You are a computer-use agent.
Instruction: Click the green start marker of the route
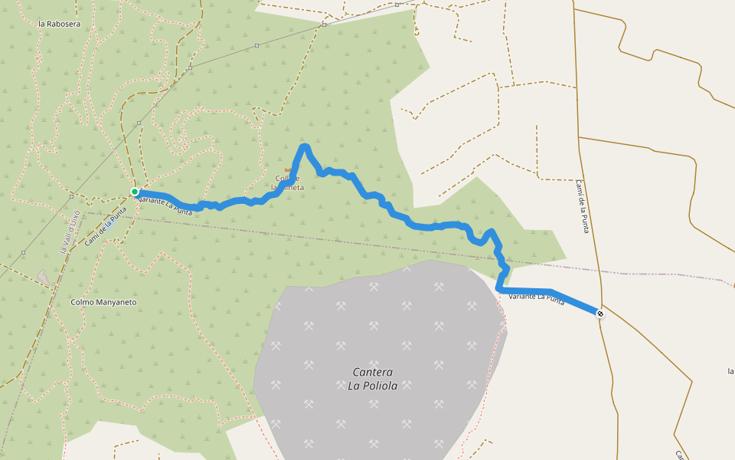click(135, 192)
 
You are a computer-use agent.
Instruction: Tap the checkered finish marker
click(600, 313)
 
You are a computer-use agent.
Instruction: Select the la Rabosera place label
click(59, 24)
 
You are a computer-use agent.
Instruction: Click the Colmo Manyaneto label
click(103, 302)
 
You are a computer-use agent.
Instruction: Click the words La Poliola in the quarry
click(367, 386)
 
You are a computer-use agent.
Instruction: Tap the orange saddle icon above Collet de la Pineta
click(288, 169)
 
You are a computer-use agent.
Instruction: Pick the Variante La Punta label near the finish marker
click(536, 299)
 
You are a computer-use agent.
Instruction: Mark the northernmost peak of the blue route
click(305, 146)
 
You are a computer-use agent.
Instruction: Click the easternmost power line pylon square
click(324, 25)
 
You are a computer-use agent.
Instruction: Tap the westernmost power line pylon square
click(24, 252)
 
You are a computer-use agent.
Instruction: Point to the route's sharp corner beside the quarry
click(499, 289)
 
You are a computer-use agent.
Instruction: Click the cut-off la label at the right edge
click(730, 371)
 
